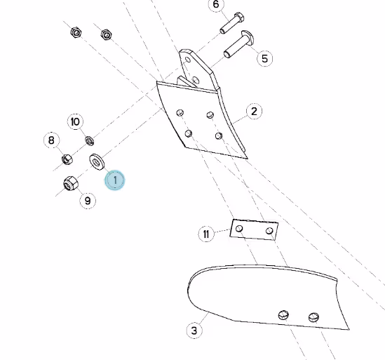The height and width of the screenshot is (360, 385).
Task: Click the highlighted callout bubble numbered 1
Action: (x=115, y=180)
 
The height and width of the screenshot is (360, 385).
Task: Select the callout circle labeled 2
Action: (x=254, y=112)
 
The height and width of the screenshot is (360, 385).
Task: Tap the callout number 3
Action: (x=194, y=331)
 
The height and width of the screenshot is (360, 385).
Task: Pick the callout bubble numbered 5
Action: (x=264, y=58)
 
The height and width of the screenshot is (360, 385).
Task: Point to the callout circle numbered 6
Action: (x=216, y=4)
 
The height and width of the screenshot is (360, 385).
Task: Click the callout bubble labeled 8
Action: (x=51, y=140)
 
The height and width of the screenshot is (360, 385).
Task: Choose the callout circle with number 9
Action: (x=88, y=201)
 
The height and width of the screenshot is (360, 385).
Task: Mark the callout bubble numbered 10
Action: (x=75, y=121)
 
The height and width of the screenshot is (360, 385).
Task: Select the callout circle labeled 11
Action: (x=206, y=234)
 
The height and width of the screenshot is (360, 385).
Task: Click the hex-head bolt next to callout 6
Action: (x=232, y=23)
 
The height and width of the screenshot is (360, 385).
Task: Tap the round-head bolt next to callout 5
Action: (x=238, y=44)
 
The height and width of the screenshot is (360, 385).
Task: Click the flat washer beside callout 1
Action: (x=97, y=162)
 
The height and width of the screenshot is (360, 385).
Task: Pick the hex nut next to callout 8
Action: (x=67, y=159)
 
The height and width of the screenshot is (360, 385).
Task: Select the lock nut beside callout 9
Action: (x=70, y=183)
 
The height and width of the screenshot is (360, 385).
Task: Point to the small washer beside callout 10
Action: (x=90, y=140)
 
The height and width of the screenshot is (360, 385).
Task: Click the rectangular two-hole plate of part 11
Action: (x=254, y=229)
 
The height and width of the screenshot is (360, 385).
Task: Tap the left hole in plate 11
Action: (x=239, y=229)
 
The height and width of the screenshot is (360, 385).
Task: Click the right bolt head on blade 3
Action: (x=313, y=317)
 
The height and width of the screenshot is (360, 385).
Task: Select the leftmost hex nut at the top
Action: (x=76, y=32)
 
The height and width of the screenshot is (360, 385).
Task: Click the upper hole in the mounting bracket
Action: (x=188, y=60)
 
